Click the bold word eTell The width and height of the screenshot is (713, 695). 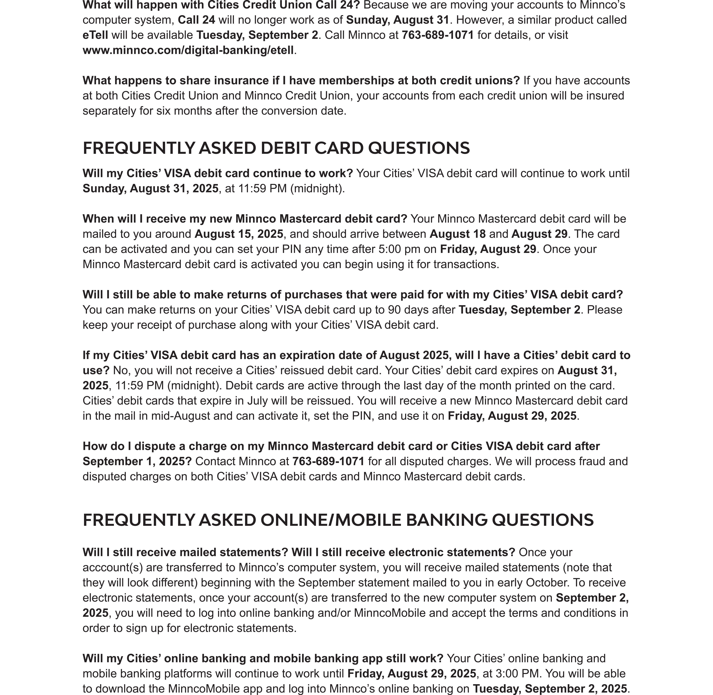pyautogui.click(x=95, y=35)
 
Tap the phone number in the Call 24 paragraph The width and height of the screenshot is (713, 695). pyautogui.click(x=438, y=35)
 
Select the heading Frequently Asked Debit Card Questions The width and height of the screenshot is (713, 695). pyautogui.click(x=276, y=148)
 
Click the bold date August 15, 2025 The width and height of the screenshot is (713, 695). pyautogui.click(x=239, y=234)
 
